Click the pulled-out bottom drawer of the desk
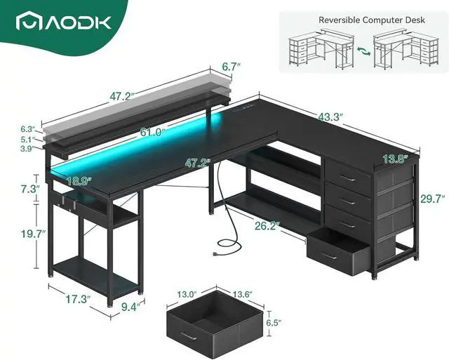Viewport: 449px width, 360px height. tap(337, 251)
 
